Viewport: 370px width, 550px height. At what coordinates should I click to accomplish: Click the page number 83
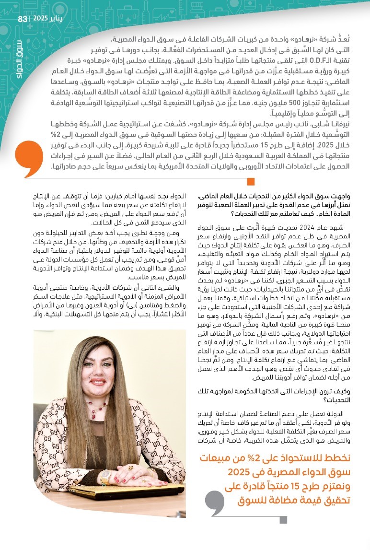[x=23, y=19]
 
